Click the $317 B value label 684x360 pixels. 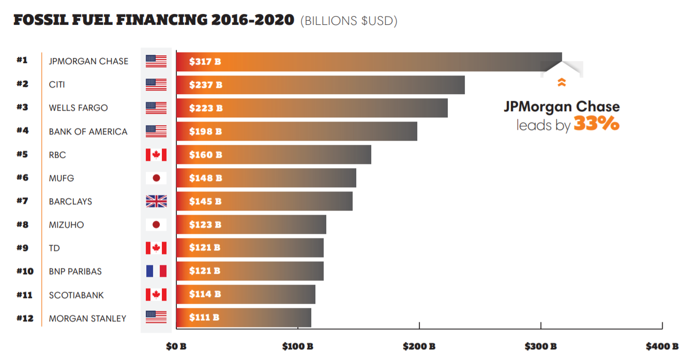(205, 62)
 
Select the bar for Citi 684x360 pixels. (320, 85)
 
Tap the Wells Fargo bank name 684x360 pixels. (78, 108)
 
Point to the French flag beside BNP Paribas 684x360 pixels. (156, 271)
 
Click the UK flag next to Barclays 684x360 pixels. (156, 201)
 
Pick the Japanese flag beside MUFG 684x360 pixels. (156, 178)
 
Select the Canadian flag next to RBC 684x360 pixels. (156, 155)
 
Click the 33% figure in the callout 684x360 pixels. (596, 124)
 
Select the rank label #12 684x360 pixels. (24, 318)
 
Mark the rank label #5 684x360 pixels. (22, 154)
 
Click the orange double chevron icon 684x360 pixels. (561, 82)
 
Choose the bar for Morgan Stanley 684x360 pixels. (244, 318)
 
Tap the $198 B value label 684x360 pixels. (205, 131)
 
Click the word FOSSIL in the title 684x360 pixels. (43, 20)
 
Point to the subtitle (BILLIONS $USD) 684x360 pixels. (348, 21)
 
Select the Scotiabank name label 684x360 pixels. (76, 295)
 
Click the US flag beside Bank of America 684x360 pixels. (156, 131)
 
